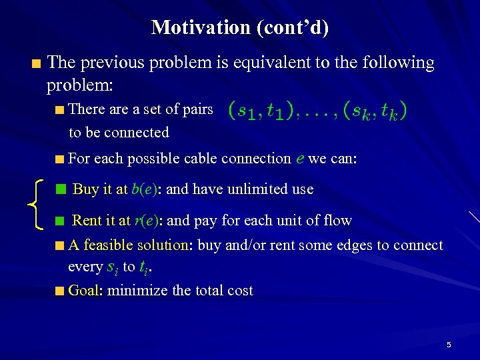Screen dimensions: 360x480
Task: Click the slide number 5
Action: [449, 345]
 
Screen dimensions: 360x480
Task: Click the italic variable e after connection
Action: [299, 158]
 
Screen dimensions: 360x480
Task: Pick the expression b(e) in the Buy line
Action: [145, 189]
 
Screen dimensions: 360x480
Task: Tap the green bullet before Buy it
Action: [61, 190]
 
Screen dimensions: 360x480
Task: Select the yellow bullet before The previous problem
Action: [36, 64]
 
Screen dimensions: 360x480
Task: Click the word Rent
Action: [87, 221]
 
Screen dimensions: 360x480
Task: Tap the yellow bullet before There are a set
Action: [60, 109]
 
